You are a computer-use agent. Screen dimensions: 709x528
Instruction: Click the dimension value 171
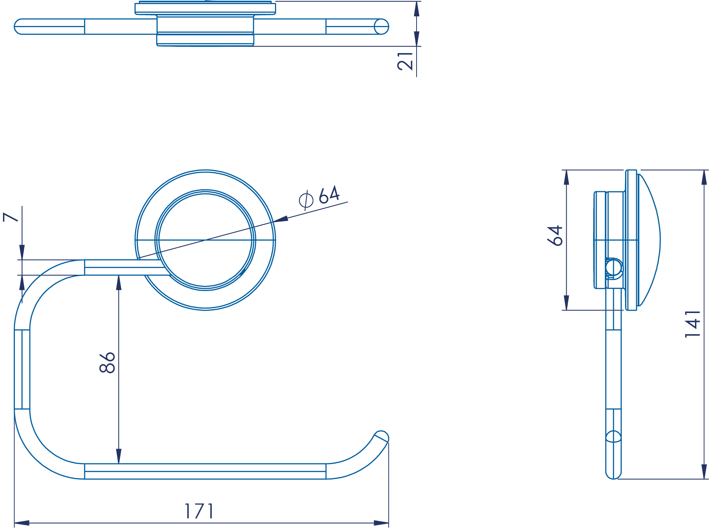(x=199, y=511)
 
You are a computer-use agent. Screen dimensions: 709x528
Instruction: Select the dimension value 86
(x=107, y=362)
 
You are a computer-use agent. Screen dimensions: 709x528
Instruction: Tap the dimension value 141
(x=693, y=324)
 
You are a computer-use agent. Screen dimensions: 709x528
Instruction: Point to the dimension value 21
(x=405, y=61)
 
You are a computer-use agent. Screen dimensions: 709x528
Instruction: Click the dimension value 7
(x=10, y=217)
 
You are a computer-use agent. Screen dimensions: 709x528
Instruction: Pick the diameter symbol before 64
(x=306, y=201)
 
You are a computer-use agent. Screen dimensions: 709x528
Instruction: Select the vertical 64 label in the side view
(x=555, y=235)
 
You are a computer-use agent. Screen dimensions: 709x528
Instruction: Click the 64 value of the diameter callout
(x=329, y=194)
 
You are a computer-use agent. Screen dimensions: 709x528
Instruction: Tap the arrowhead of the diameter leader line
(x=281, y=219)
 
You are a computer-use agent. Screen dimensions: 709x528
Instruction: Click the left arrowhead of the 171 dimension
(x=22, y=523)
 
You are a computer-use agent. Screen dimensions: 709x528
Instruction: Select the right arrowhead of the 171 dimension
(x=381, y=523)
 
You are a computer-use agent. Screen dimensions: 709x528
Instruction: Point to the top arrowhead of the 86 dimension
(x=119, y=283)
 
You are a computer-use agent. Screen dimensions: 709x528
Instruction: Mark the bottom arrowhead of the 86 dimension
(x=119, y=456)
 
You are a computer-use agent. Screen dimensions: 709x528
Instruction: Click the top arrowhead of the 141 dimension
(x=704, y=177)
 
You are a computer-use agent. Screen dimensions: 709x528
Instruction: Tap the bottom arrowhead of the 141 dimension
(x=704, y=472)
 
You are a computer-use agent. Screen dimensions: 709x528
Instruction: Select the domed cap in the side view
(x=649, y=240)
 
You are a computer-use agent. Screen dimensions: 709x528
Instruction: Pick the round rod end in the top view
(x=381, y=27)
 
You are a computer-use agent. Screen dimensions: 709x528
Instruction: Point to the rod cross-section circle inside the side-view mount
(x=614, y=267)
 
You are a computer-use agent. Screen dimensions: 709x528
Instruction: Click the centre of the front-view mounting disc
(x=205, y=240)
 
